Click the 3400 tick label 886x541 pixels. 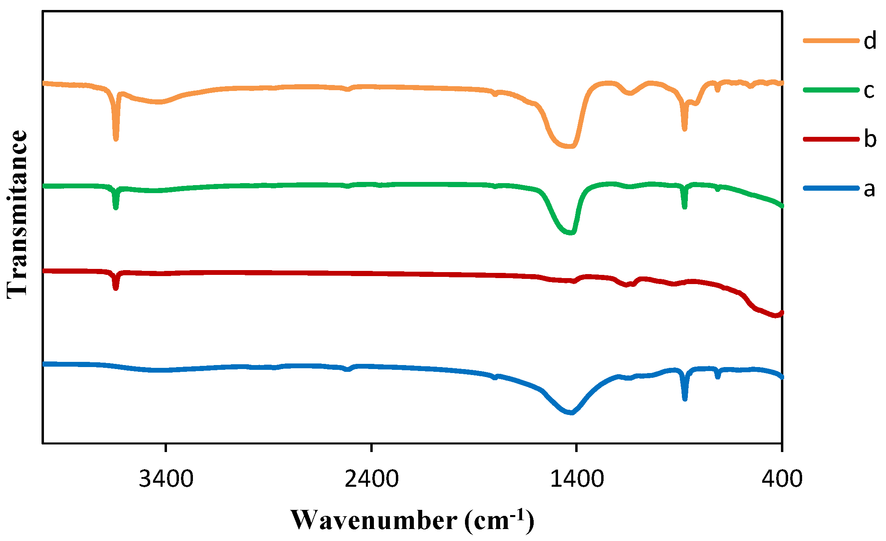[x=166, y=479]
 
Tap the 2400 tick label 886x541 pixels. [x=371, y=479]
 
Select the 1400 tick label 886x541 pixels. [x=576, y=479]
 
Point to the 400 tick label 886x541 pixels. [x=782, y=479]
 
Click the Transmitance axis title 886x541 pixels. [x=17, y=214]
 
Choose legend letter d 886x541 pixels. [x=870, y=41]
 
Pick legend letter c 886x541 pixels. [x=869, y=90]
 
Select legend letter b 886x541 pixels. [x=870, y=139]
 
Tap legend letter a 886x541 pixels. [x=869, y=189]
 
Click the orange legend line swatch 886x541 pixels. [x=831, y=41]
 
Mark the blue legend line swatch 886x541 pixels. [x=831, y=188]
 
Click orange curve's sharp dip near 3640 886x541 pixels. [x=116, y=139]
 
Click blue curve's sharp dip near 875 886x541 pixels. [x=685, y=399]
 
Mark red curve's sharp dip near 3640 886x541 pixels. [x=115, y=288]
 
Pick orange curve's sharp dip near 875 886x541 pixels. [x=685, y=129]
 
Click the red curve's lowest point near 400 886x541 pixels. [x=775, y=316]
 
